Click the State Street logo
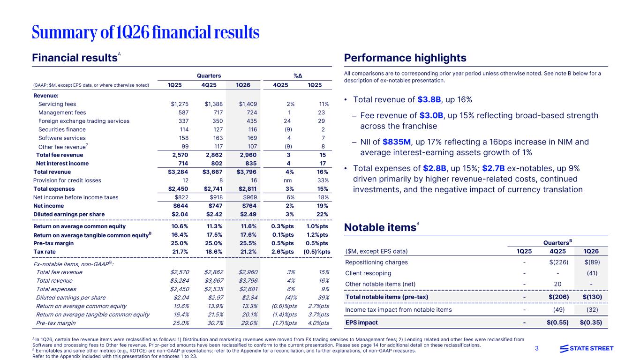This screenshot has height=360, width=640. click(587, 348)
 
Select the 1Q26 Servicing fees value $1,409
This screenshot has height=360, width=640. click(248, 104)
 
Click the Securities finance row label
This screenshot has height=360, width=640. click(62, 129)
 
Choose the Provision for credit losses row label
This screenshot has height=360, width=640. click(67, 180)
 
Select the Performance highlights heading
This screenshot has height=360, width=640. click(405, 58)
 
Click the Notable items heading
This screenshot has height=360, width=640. click(380, 228)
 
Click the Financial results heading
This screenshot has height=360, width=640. click(74, 58)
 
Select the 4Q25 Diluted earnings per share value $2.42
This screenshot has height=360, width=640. click(214, 214)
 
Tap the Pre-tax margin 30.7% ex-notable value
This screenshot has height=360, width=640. click(214, 323)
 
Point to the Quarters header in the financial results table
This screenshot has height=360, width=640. click(209, 75)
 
